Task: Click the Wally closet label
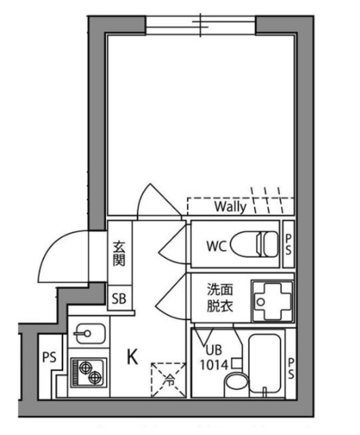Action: [230, 205]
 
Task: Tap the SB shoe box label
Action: [119, 297]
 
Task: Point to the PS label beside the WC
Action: [288, 243]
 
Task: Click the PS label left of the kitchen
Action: [49, 357]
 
